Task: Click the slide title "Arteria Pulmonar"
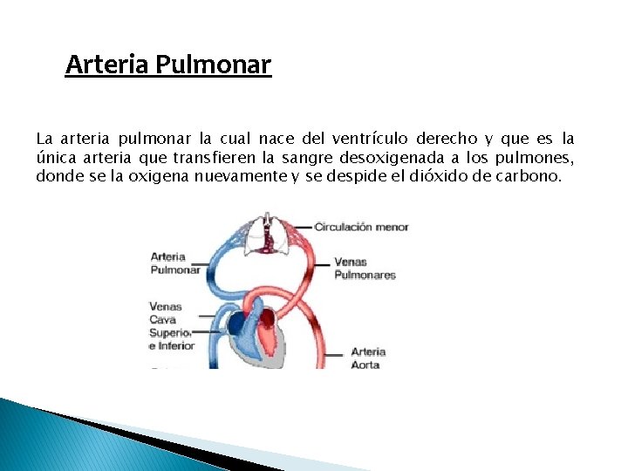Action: point(168,65)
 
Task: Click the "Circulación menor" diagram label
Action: point(361,228)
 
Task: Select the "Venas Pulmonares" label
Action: point(365,268)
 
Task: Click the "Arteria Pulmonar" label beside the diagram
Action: point(174,263)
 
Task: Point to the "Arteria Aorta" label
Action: point(367,358)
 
